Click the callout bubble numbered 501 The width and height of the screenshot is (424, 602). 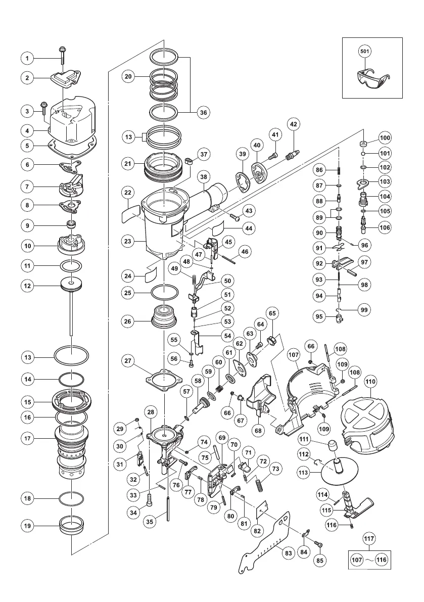364,51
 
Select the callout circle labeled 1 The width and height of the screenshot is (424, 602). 28,59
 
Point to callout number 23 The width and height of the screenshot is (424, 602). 128,242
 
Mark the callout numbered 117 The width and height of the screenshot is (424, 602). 369,539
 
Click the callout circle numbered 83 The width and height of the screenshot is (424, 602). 289,553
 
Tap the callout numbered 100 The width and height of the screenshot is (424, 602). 386,138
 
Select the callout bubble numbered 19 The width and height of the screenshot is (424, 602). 28,525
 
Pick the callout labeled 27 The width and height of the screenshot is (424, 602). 128,360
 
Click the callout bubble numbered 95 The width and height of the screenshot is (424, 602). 319,317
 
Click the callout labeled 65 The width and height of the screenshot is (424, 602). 272,313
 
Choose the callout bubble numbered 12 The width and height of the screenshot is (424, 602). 28,286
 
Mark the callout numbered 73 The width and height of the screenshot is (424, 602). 275,469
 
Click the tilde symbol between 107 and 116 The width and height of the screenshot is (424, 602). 369,560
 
